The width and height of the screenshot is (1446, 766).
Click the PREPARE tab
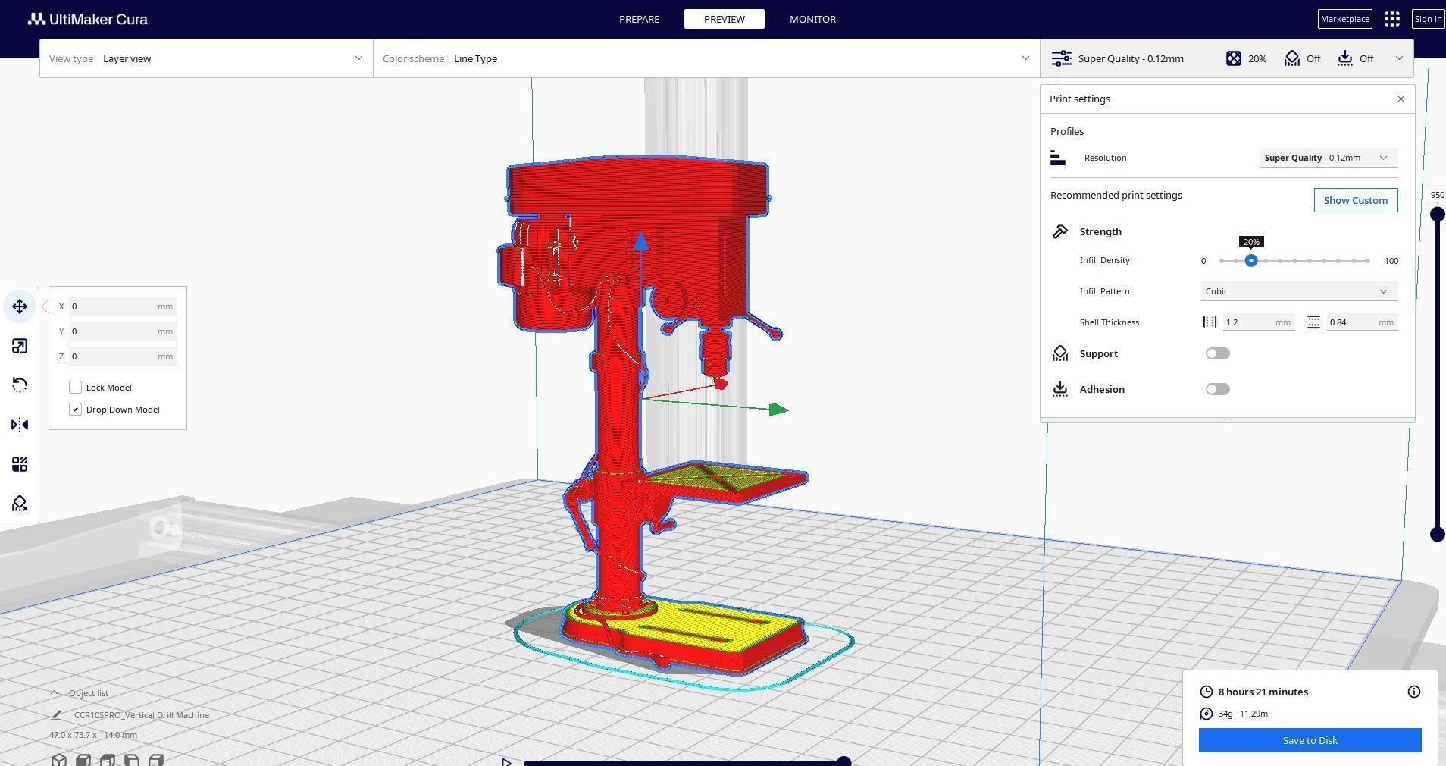point(639,19)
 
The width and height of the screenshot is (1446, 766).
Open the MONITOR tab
point(812,19)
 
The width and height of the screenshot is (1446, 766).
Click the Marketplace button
point(1344,19)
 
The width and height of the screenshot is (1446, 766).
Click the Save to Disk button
point(1310,740)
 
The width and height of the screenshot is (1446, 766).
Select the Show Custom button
point(1355,200)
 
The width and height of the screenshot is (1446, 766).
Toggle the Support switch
point(1217,353)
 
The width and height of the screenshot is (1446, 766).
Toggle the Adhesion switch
point(1217,389)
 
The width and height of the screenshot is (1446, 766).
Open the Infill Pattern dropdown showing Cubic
point(1298,291)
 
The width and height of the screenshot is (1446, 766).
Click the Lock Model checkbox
point(76,388)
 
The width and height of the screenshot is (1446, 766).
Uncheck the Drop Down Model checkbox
point(76,410)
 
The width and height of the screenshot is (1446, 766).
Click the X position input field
point(114,306)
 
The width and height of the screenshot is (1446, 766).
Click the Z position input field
point(114,356)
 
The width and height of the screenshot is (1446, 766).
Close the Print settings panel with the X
point(1401,99)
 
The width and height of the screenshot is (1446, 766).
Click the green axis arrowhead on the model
point(778,410)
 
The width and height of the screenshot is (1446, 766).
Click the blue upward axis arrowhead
point(641,241)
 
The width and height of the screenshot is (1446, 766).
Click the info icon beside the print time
point(1413,692)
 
